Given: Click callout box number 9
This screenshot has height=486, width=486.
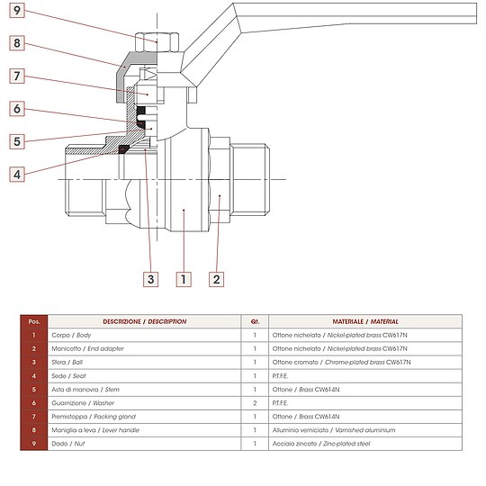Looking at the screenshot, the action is [x=17, y=10].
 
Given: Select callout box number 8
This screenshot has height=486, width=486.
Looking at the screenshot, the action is [x=17, y=43].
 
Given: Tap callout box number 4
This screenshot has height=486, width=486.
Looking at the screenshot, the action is [x=17, y=175].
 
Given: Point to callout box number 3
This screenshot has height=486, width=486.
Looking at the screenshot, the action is [x=150, y=279].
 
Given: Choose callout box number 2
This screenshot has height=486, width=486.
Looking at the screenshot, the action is [x=216, y=279].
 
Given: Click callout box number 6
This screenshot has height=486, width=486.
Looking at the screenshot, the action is [x=17, y=109].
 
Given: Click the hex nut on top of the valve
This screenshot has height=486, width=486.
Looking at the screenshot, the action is [x=157, y=42].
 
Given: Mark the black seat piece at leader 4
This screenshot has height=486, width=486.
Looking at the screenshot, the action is [x=123, y=149].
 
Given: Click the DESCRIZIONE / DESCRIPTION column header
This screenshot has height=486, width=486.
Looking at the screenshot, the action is [x=144, y=321].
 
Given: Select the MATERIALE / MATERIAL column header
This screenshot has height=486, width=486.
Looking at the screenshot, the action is [x=365, y=321].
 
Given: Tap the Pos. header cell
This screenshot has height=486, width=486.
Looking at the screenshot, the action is [x=34, y=321].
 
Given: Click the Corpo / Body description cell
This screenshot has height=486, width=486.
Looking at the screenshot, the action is [x=144, y=335].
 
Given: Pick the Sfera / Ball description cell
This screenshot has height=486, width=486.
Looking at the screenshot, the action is [x=144, y=363].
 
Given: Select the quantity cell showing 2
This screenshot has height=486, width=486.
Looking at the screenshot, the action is [x=255, y=403].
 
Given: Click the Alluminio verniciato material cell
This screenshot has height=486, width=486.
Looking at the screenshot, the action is [x=365, y=430].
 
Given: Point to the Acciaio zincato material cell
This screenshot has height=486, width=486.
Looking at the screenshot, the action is [x=365, y=444].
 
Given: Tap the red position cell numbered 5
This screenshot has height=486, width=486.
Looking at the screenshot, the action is [x=34, y=390].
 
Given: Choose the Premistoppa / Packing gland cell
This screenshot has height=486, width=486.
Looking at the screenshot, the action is [x=144, y=417].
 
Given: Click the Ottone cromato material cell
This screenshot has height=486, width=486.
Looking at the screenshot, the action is [x=365, y=363].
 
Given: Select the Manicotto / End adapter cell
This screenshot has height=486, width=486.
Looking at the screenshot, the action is [x=144, y=348].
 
